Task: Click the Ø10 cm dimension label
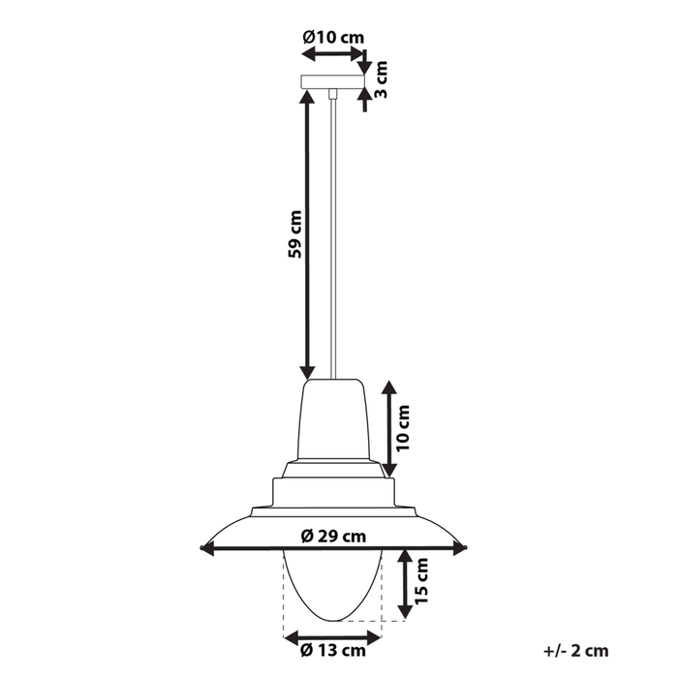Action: [x=333, y=37]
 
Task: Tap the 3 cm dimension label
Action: [x=381, y=79]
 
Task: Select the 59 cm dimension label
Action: [x=294, y=234]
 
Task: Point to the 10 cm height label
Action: [x=403, y=428]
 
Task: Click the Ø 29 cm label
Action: [x=333, y=537]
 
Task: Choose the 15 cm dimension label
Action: [x=420, y=581]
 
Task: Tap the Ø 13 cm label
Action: [x=333, y=650]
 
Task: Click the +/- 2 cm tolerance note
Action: [x=576, y=650]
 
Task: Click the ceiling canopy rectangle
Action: [x=333, y=81]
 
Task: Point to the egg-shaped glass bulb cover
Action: [x=332, y=586]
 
